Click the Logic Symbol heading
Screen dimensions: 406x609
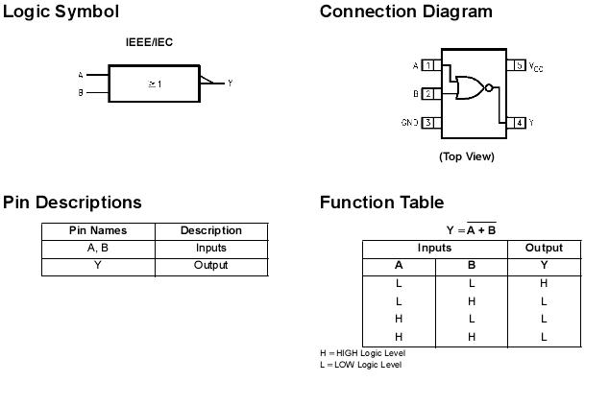[61, 12]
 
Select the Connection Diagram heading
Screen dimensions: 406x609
[405, 12]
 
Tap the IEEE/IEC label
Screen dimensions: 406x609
[149, 42]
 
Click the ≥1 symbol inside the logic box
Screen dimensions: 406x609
[155, 84]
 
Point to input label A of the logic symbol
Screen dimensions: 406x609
[81, 75]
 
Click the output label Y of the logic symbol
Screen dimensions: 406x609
[231, 84]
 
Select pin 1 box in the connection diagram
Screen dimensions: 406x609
[429, 65]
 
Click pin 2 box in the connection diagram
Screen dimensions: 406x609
[429, 94]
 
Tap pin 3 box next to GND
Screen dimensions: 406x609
[429, 123]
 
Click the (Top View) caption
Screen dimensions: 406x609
[467, 156]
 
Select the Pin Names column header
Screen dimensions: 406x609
[98, 230]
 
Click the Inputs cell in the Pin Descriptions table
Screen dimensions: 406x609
[210, 248]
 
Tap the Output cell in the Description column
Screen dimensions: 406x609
[210, 265]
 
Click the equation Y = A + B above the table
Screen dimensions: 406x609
[471, 229]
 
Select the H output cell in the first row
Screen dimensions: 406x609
[544, 283]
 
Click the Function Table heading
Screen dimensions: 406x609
[381, 203]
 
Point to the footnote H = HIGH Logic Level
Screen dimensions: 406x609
[362, 353]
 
